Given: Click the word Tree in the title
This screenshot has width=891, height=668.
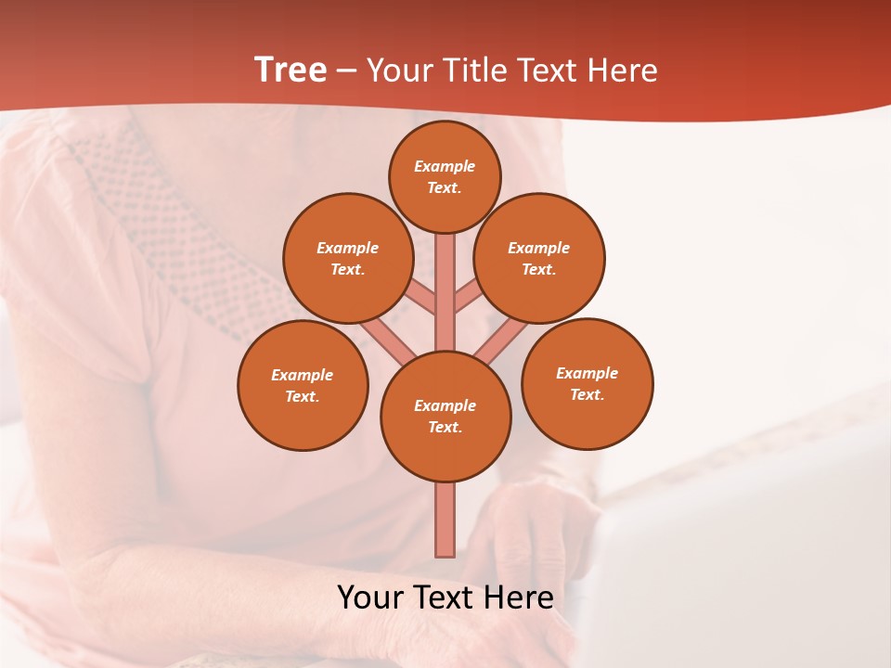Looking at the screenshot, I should pyautogui.click(x=291, y=71).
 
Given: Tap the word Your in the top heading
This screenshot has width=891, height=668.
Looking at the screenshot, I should pyautogui.click(x=398, y=71).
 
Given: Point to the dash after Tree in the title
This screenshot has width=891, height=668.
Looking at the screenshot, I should pyautogui.click(x=346, y=71).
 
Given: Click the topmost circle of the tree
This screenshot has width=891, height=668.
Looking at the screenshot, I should pyautogui.click(x=445, y=176).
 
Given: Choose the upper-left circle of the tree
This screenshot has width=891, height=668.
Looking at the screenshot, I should pyautogui.click(x=348, y=258).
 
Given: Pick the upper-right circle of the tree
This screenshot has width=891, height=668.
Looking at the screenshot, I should pyautogui.click(x=539, y=258).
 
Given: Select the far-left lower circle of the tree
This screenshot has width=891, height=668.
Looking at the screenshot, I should pyautogui.click(x=303, y=385).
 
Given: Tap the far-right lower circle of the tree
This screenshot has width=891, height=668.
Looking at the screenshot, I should pyautogui.click(x=588, y=383).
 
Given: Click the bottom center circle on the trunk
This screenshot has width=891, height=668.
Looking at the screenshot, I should pyautogui.click(x=445, y=416).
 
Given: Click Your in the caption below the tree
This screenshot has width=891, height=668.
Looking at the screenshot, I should pyautogui.click(x=368, y=597).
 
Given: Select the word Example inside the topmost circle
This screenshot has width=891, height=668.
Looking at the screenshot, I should pyautogui.click(x=445, y=166).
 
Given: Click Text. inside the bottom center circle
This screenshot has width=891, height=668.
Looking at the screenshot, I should pyautogui.click(x=445, y=427).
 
